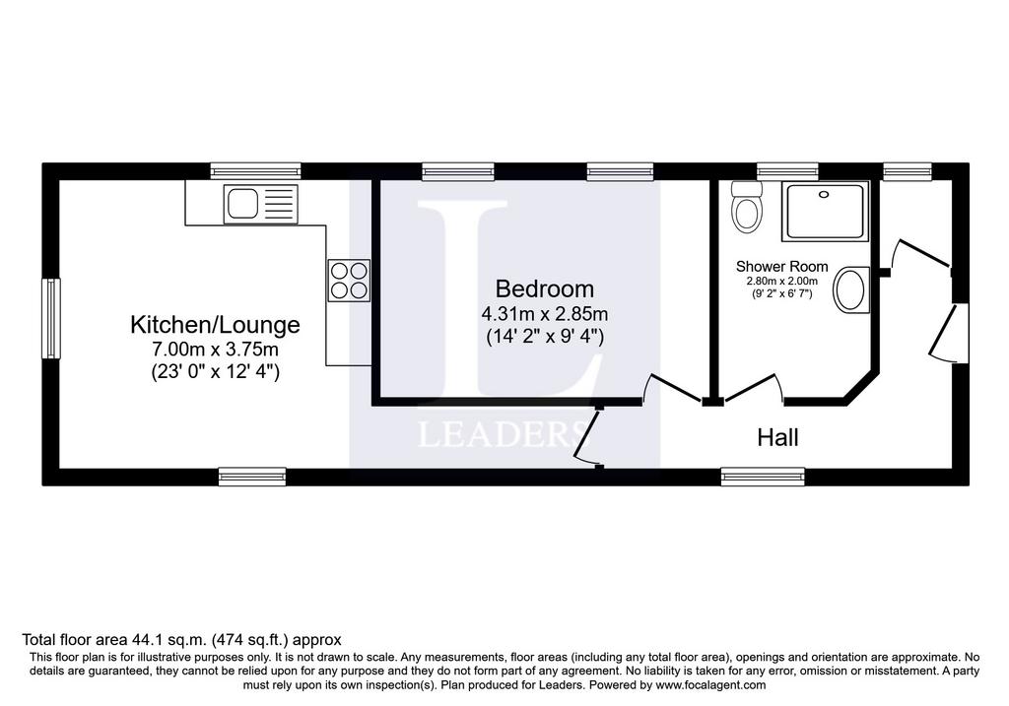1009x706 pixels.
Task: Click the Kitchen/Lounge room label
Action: (215, 325)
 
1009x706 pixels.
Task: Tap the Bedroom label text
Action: (544, 289)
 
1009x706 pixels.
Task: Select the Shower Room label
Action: (781, 266)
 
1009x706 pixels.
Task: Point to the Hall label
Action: (778, 438)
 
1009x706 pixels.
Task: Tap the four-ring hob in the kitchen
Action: (350, 281)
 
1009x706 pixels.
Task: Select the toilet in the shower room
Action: (747, 206)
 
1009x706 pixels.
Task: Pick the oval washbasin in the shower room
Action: (851, 290)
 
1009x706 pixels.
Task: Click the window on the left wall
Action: (51, 318)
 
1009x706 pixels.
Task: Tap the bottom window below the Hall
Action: (763, 477)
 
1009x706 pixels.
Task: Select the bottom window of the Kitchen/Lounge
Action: (252, 477)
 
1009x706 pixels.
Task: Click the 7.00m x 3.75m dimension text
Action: (215, 350)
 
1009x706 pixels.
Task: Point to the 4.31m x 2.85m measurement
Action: (544, 314)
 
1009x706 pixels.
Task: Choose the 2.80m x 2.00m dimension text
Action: (781, 281)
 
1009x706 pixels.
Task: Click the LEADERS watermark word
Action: (504, 434)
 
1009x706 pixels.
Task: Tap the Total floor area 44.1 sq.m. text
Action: (114, 640)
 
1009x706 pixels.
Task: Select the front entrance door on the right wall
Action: (951, 333)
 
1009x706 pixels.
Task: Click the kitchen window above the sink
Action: (256, 171)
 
